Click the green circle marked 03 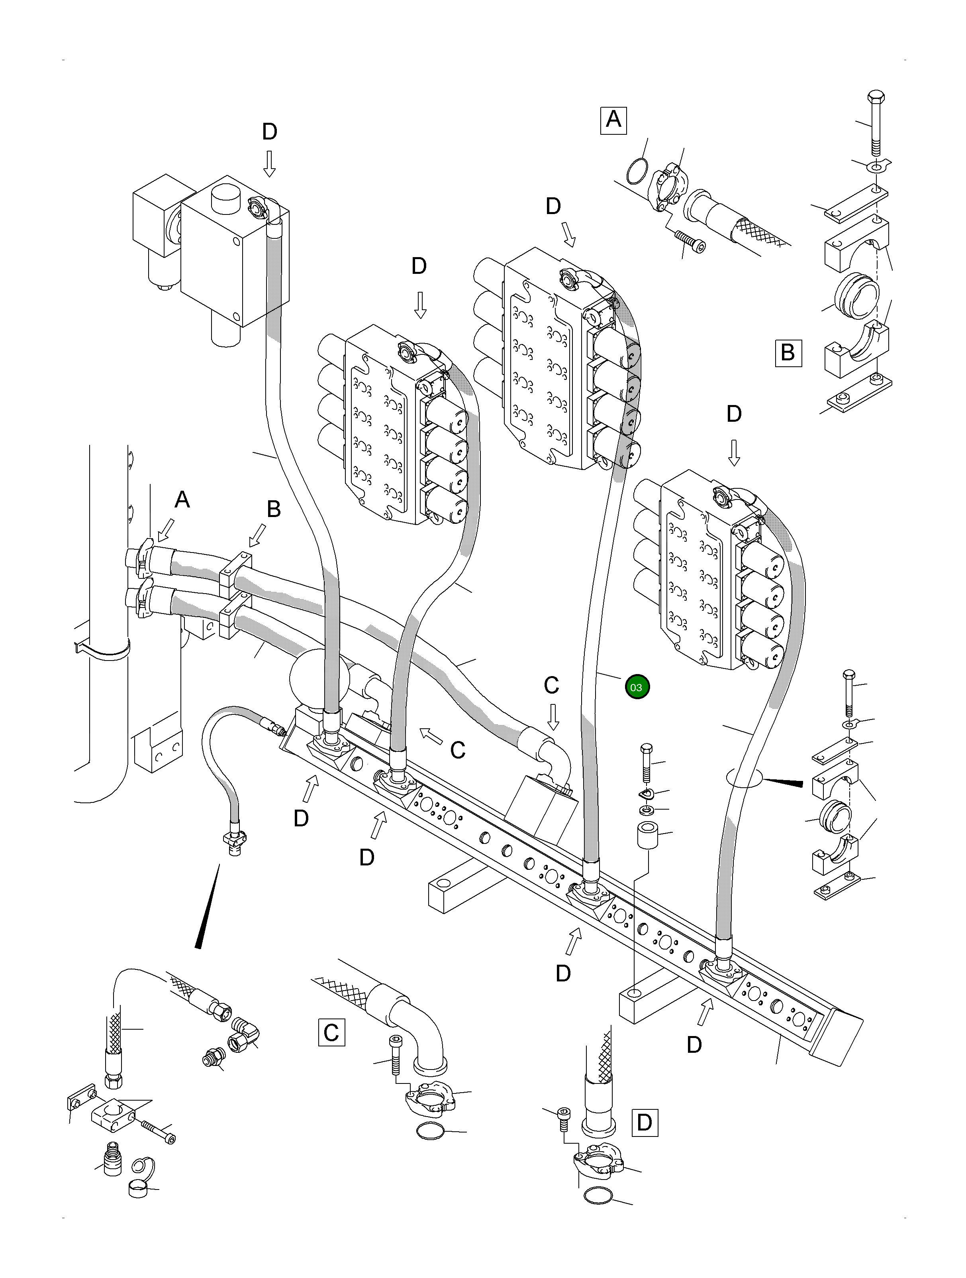pyautogui.click(x=636, y=687)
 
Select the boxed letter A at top pyautogui.click(x=613, y=120)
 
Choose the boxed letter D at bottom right pyautogui.click(x=645, y=1123)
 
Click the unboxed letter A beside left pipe pyautogui.click(x=182, y=499)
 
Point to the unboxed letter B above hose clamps pyautogui.click(x=274, y=509)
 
